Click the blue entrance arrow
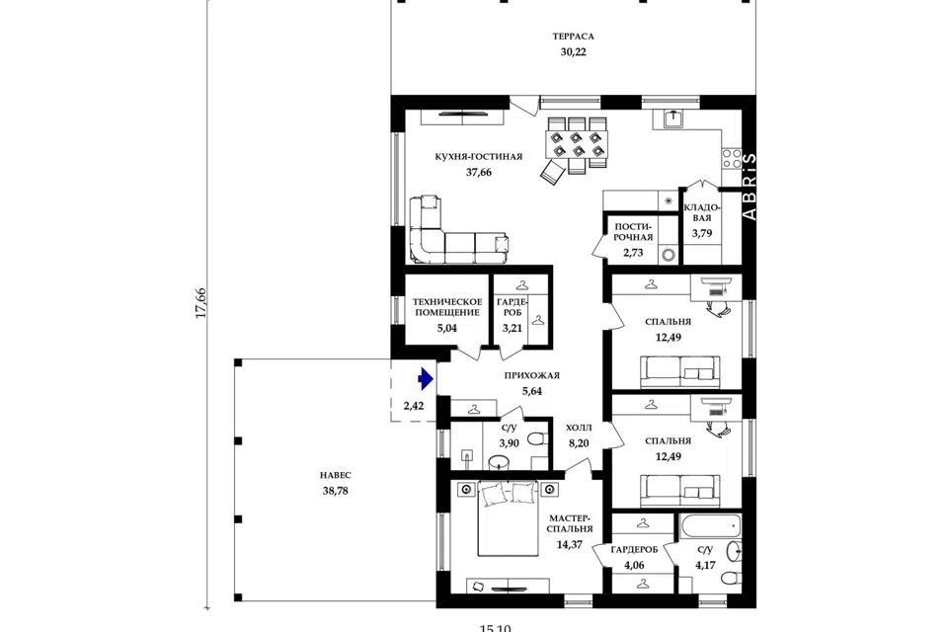click(x=426, y=379)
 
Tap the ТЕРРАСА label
click(x=573, y=37)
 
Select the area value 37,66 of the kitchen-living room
click(x=478, y=173)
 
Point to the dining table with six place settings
click(x=577, y=144)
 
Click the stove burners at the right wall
click(x=732, y=158)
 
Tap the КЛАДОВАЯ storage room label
click(x=702, y=212)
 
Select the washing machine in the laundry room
click(x=669, y=255)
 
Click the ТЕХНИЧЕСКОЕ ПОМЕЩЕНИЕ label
click(x=447, y=307)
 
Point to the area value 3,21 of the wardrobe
click(x=512, y=329)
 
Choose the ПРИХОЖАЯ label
click(x=532, y=375)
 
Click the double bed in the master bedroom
click(x=508, y=518)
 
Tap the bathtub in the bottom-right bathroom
click(x=710, y=525)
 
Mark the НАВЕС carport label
click(x=335, y=475)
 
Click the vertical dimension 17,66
click(x=200, y=303)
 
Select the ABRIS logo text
click(x=749, y=187)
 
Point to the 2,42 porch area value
click(x=414, y=406)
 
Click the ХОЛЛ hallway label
click(x=579, y=428)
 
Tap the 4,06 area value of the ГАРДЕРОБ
click(x=634, y=566)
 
